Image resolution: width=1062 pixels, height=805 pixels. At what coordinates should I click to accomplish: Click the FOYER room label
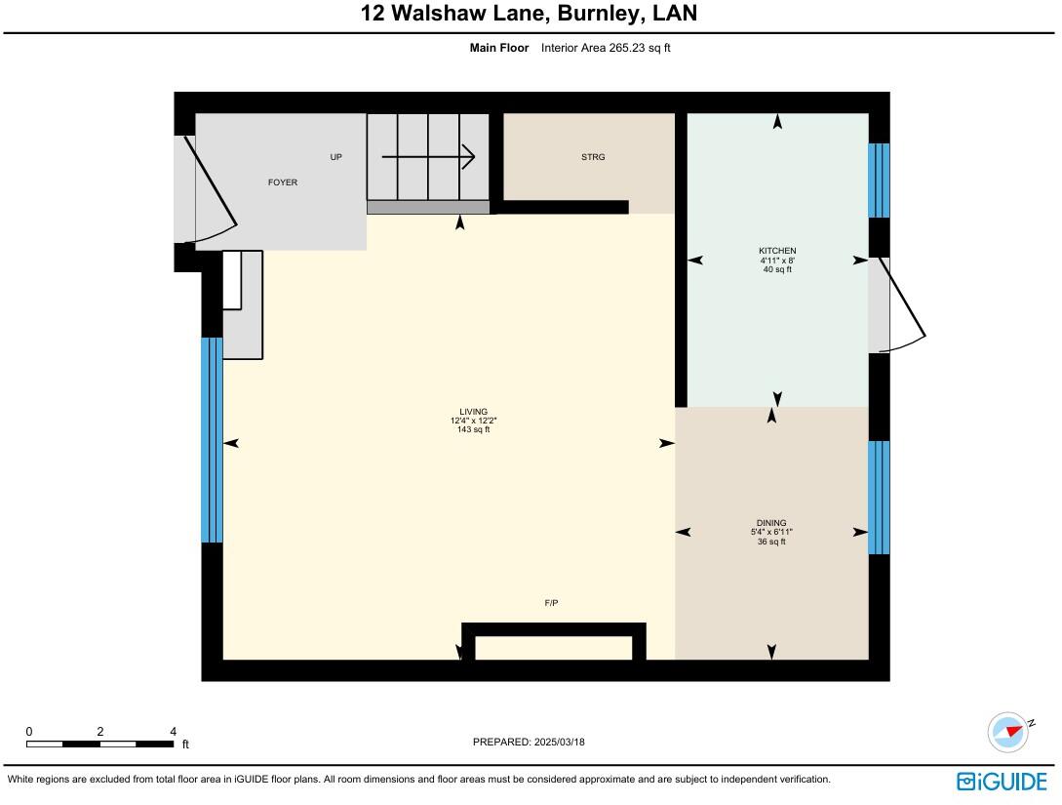pos(283,182)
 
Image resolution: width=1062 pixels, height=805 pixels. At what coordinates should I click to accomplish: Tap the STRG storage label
pos(593,157)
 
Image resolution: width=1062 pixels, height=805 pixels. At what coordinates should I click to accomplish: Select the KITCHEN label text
pos(778,251)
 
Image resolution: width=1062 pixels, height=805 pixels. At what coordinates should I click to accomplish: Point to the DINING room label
pos(770,523)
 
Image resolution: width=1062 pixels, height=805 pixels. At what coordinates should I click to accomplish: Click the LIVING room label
pos(474,412)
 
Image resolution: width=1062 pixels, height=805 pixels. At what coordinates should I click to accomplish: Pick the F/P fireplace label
pos(551,603)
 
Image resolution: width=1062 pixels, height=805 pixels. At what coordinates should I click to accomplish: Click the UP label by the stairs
pos(336,157)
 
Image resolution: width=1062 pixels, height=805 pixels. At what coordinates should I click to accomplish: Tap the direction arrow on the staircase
pos(429,156)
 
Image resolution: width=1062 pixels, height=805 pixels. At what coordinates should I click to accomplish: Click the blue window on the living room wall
pos(212,439)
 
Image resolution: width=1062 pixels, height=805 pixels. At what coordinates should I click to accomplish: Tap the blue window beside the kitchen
pos(879,181)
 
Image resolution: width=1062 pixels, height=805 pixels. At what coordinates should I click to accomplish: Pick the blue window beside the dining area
pos(879,498)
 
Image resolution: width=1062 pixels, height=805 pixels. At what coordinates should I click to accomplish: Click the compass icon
pos(1008,732)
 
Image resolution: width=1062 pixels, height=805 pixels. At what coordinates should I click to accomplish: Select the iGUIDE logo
pos(1002,781)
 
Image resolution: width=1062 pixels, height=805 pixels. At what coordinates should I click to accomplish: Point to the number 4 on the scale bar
pos(173,731)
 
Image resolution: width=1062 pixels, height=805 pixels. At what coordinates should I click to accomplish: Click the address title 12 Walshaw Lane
pos(530,14)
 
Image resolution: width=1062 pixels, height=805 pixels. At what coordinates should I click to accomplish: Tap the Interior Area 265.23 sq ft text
pos(606,47)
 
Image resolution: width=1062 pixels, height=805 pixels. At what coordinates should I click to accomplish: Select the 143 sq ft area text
pos(473,429)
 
